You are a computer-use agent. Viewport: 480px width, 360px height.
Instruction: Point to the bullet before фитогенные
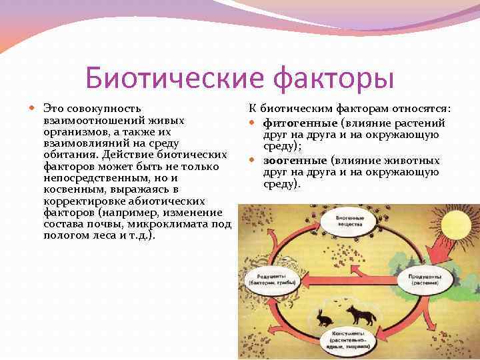(x=254, y=123)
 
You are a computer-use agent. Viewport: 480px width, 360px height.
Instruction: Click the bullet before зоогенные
(x=254, y=161)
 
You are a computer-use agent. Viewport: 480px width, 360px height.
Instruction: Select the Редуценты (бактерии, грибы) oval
(x=271, y=280)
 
